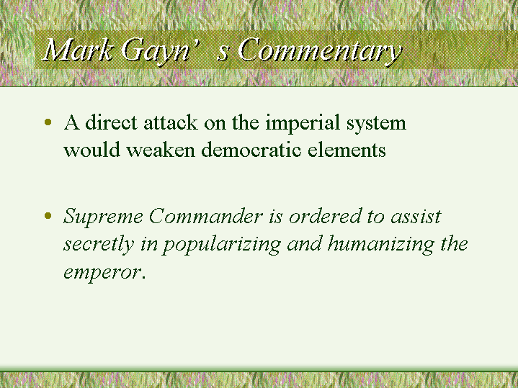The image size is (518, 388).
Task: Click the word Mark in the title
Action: (x=78, y=50)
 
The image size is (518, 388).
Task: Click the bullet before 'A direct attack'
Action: (x=48, y=122)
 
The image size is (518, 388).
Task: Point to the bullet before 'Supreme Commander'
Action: (x=48, y=216)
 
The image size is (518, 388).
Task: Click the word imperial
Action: (x=303, y=124)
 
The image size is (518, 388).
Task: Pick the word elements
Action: (x=347, y=150)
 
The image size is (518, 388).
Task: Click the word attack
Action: (x=171, y=122)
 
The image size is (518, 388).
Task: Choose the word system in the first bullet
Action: (x=376, y=124)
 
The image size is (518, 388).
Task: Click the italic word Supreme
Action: (x=103, y=217)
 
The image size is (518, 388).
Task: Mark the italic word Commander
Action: (x=206, y=216)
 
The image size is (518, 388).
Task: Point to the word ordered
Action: (x=325, y=216)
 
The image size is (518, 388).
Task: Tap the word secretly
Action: (x=99, y=245)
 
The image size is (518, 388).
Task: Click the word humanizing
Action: (x=381, y=245)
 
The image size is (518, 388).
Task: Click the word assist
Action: (x=416, y=216)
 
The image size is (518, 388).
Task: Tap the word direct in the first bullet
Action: (x=111, y=122)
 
